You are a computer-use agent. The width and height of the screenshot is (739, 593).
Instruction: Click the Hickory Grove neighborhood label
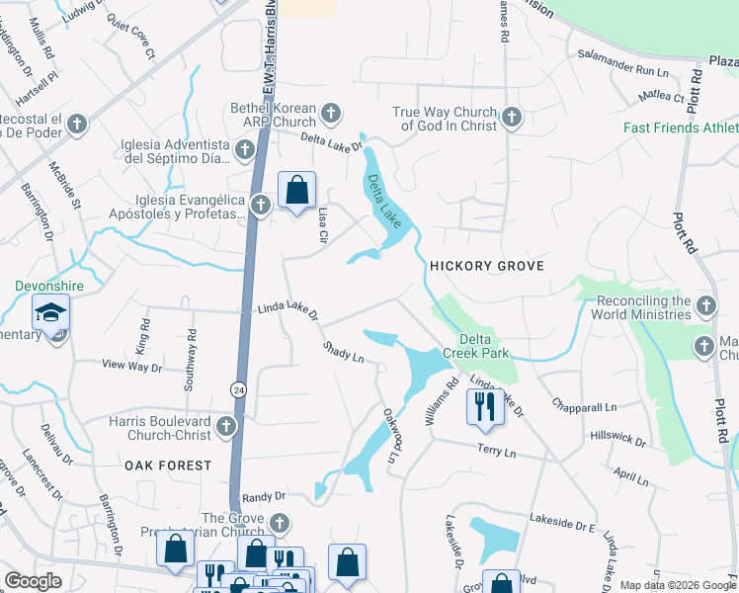tap(481, 267)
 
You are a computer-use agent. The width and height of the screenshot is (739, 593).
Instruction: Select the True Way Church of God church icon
tap(511, 118)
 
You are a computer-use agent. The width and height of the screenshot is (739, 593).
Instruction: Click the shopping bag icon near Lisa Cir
tap(296, 189)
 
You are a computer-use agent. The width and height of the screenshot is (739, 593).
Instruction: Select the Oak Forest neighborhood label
tap(168, 465)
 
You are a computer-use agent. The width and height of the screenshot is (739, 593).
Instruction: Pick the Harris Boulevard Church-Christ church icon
tap(226, 427)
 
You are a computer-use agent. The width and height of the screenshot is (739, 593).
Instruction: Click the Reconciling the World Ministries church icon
tap(704, 305)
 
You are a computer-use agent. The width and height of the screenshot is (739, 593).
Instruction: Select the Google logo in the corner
tap(33, 581)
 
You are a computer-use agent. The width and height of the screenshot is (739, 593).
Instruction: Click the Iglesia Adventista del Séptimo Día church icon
tap(244, 149)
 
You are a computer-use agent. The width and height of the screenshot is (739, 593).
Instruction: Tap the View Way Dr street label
tap(131, 366)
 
